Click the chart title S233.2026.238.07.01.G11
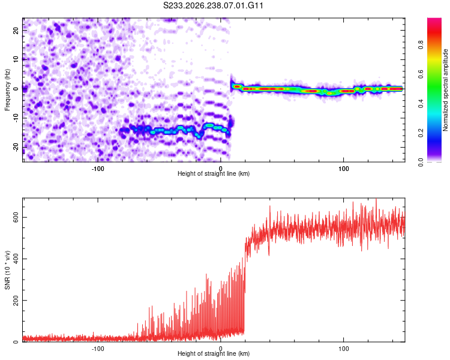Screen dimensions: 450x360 (213, 5)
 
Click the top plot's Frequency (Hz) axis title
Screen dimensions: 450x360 (7, 90)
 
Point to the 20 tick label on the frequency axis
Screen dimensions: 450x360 (16, 31)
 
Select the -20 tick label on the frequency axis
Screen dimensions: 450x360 (16, 148)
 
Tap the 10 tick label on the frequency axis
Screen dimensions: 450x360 (16, 59)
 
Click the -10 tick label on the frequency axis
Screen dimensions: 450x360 (16, 118)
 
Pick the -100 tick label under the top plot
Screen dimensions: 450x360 (98, 169)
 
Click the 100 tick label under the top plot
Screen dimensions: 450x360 (344, 169)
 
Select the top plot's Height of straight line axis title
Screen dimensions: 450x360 (214, 173)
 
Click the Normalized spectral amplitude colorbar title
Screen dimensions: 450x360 (445, 90)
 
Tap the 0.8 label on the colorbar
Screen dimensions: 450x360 (421, 45)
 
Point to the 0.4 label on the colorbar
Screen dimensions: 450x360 (421, 104)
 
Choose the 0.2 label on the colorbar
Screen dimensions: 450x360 (421, 133)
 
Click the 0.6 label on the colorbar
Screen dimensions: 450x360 (421, 74)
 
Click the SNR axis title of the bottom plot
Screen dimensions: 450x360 (7, 270)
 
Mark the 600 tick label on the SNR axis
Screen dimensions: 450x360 (16, 217)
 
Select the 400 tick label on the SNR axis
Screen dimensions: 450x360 (16, 259)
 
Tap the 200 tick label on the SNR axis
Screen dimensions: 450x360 (16, 300)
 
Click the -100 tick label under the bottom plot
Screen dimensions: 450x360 (98, 349)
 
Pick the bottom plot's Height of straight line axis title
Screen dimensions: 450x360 (214, 353)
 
